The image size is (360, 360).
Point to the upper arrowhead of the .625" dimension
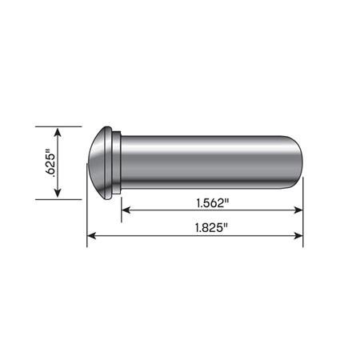click(x=58, y=131)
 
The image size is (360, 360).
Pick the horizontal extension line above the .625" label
click(x=60, y=126)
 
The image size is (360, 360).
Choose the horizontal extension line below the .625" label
click(x=60, y=198)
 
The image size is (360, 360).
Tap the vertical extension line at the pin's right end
click(x=303, y=216)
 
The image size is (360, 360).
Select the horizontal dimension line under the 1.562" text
click(x=212, y=210)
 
